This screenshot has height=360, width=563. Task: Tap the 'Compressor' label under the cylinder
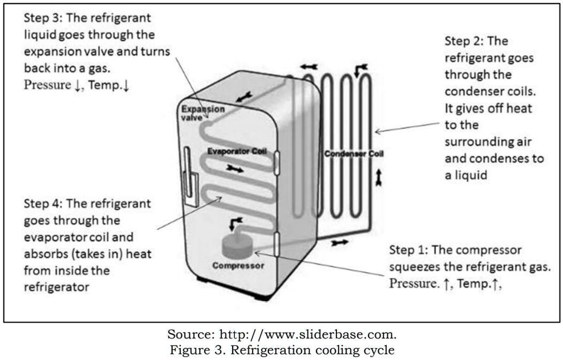coord(238,266)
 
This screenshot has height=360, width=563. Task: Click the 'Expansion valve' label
coord(202,113)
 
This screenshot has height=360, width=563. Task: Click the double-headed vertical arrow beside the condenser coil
coord(379,177)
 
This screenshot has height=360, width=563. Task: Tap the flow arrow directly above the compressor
coord(233,224)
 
